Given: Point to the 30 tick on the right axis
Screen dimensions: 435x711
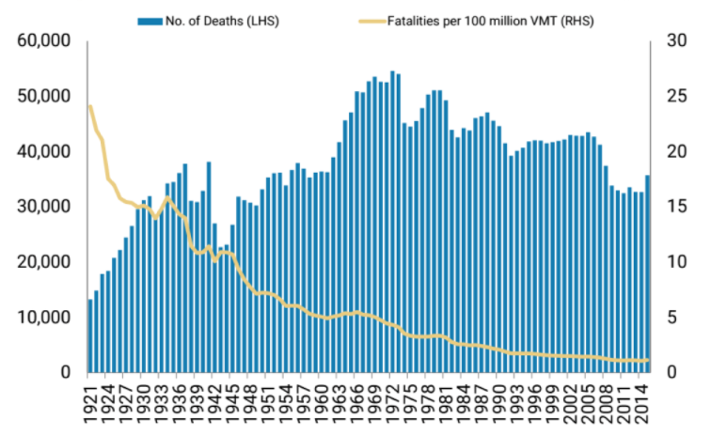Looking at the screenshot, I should click(674, 41).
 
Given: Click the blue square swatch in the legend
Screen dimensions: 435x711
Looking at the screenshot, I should click(144, 20).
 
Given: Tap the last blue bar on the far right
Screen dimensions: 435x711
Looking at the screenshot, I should click(647, 273).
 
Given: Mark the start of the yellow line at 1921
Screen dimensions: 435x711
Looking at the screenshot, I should click(90, 106).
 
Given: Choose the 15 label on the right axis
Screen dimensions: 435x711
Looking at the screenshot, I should click(674, 207).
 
